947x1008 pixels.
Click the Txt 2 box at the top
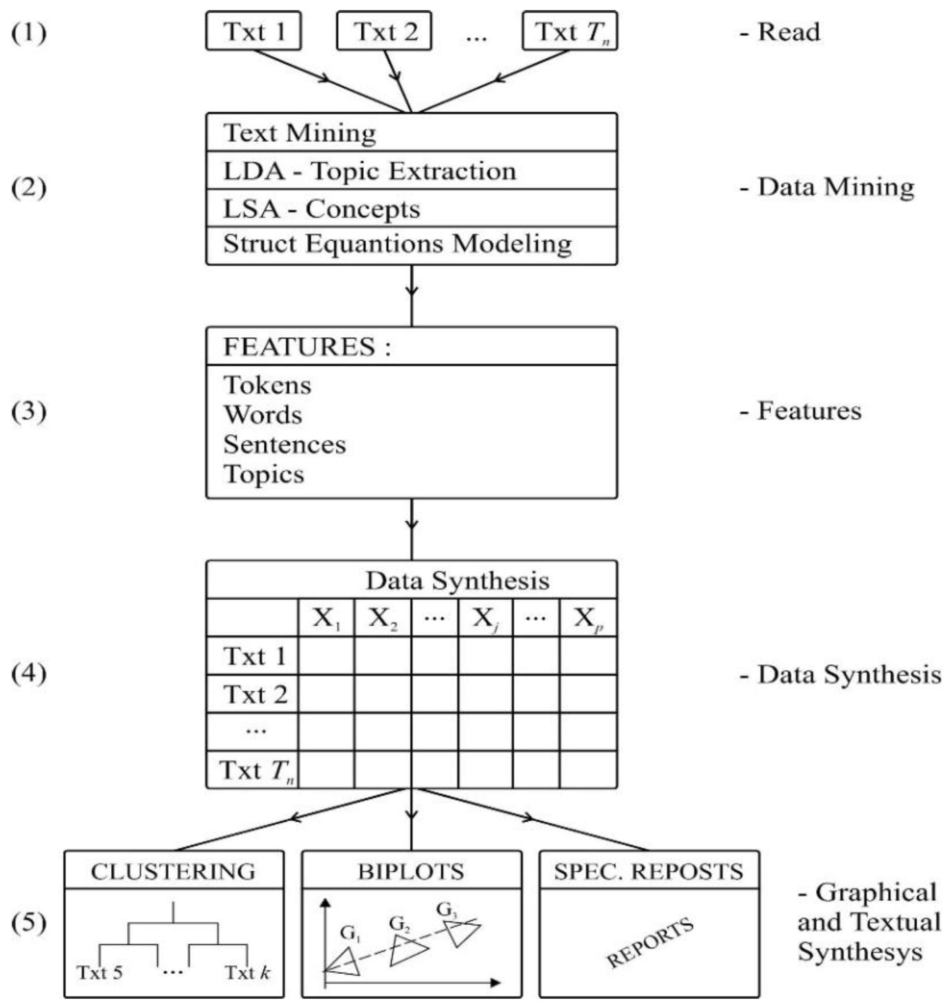tap(384, 31)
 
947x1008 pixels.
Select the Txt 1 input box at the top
tap(253, 31)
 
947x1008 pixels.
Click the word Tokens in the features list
tap(267, 385)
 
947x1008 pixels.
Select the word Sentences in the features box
tap(284, 445)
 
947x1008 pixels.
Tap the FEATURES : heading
tap(307, 347)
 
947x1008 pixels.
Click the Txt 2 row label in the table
tap(255, 694)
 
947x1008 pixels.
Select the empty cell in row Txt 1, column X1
tap(326, 656)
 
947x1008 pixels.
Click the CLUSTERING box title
tap(173, 871)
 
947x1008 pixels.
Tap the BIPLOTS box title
tap(411, 871)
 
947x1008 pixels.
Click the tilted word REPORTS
tap(649, 943)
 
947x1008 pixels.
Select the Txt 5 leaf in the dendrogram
tap(100, 972)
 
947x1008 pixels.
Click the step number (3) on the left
tap(29, 411)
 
